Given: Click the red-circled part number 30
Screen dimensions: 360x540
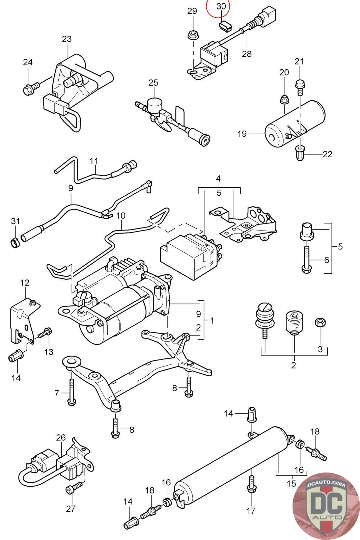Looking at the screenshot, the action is click(221, 6).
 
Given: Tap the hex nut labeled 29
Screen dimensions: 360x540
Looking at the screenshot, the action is click(193, 35).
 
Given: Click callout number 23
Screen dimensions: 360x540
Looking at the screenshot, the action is click(67, 39).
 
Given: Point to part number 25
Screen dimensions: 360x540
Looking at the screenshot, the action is click(153, 83).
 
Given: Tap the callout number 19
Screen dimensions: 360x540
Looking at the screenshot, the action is click(242, 134).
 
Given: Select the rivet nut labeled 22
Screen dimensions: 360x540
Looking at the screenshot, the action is click(300, 153).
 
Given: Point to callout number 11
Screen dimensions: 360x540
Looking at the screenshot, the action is click(94, 161).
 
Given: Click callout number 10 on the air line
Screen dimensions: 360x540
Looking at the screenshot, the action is click(121, 216).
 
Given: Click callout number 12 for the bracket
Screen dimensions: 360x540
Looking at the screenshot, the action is click(25, 282).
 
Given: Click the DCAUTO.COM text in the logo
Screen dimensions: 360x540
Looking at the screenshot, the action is click(326, 484).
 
